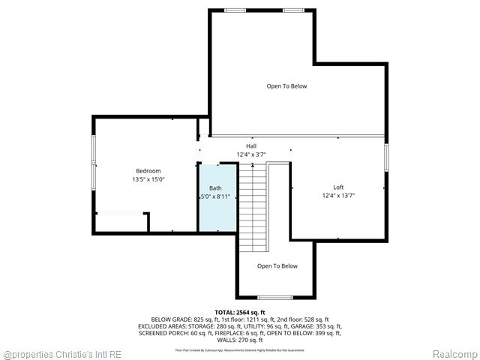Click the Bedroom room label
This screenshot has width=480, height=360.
coord(148,171)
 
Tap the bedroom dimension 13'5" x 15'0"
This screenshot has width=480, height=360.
coord(148,180)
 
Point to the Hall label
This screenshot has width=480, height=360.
coord(251,145)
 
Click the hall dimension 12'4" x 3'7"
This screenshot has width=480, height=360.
coord(251,154)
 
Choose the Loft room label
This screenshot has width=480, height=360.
coord(338,187)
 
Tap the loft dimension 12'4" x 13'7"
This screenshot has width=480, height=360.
coord(338,196)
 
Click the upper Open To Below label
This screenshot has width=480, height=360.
coord(286,86)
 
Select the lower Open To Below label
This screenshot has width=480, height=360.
coord(277,266)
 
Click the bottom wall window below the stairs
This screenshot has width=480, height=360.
coord(274,298)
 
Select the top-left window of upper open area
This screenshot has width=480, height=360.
coord(235,10)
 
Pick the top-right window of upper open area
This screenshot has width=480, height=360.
coord(293,10)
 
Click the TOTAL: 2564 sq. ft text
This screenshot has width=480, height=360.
coord(240,313)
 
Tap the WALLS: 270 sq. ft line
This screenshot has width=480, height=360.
coord(240,340)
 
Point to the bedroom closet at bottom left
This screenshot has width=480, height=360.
coord(121,223)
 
